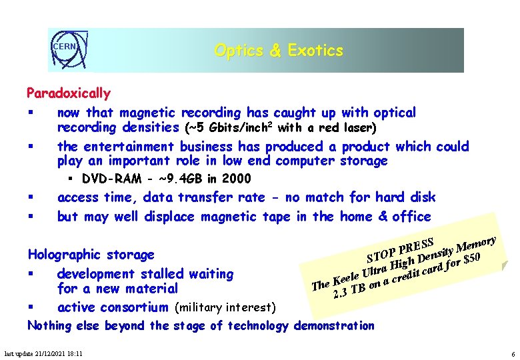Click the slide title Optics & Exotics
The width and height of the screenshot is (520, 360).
click(x=278, y=51)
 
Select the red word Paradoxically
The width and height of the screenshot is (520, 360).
click(x=68, y=93)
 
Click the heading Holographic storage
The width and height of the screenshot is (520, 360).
click(x=91, y=254)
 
